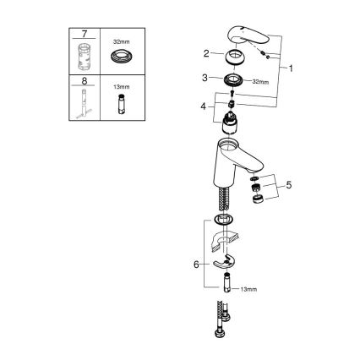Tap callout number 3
point(205,79)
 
